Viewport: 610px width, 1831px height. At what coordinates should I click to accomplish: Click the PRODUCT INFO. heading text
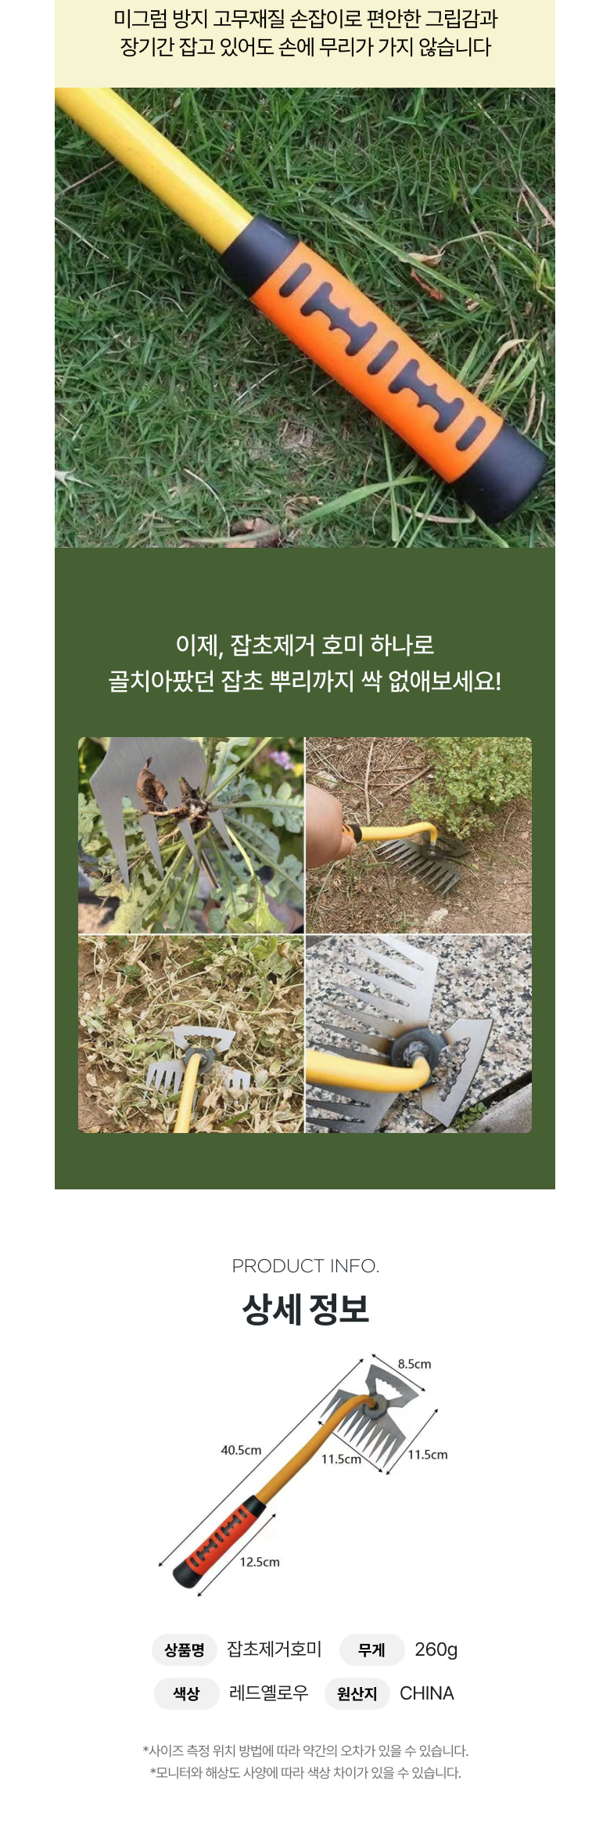305,1265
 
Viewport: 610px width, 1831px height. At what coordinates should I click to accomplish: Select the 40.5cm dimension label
241,1450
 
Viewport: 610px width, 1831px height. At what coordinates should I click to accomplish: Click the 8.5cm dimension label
414,1364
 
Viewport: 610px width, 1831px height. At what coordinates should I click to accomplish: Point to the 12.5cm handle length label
260,1562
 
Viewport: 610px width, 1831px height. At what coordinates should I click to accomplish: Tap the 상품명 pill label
185,1650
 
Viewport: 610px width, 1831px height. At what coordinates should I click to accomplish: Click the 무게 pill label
371,1650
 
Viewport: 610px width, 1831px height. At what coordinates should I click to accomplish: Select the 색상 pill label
186,1694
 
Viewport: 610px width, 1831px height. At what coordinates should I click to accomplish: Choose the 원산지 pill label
357,1694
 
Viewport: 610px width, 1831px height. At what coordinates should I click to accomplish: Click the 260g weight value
436,1649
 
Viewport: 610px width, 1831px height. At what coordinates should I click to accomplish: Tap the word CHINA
426,1693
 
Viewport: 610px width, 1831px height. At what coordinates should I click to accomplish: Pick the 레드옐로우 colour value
268,1693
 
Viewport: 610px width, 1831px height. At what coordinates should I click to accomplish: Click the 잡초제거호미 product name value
274,1649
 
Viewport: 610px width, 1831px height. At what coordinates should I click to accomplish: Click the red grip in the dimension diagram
219,1541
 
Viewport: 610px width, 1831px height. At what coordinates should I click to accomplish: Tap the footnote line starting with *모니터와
305,1773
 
